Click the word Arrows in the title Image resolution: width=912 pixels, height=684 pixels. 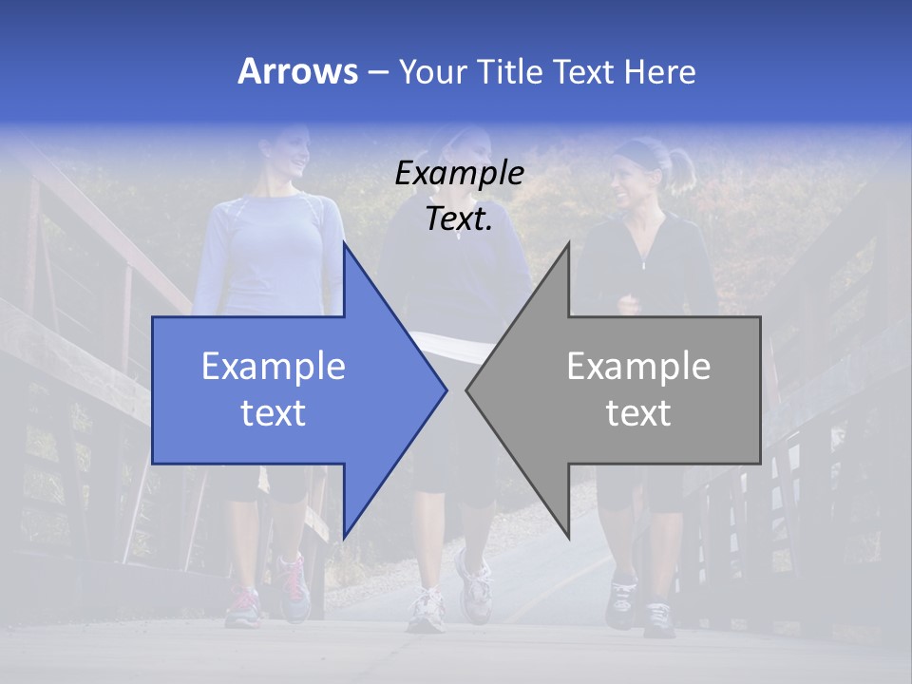(x=297, y=71)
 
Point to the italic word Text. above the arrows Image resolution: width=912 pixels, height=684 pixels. (x=459, y=218)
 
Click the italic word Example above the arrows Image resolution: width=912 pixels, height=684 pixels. (x=459, y=174)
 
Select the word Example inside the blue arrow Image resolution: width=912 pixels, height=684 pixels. (x=273, y=367)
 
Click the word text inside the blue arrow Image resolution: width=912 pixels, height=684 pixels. (x=273, y=412)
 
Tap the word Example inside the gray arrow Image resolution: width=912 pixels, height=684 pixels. (x=638, y=367)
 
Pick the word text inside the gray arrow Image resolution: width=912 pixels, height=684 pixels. (x=638, y=412)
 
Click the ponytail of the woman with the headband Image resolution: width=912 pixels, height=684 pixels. (x=681, y=169)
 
